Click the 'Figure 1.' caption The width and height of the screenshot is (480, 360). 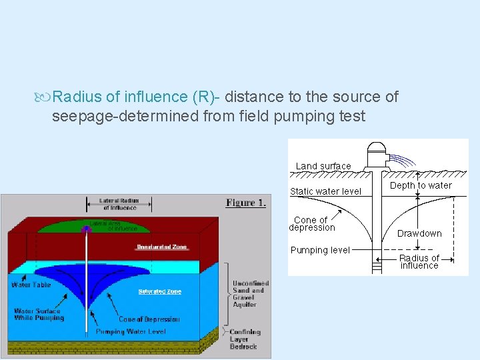(x=245, y=203)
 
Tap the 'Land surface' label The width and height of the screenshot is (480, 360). (x=323, y=166)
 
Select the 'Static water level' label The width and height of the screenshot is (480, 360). (x=325, y=191)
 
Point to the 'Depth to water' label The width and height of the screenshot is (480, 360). (x=421, y=185)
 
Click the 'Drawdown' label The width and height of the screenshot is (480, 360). (x=419, y=233)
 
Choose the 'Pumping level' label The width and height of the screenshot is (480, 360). (x=320, y=250)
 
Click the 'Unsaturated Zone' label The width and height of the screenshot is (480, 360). (x=162, y=247)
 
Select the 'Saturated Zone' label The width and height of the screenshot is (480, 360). (x=160, y=291)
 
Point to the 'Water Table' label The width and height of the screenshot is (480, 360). (x=31, y=285)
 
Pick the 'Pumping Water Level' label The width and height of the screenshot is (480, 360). (x=131, y=331)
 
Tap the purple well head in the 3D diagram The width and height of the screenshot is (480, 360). (x=86, y=229)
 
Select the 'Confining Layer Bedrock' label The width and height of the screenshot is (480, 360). (x=244, y=339)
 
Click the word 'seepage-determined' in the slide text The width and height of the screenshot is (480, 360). (x=108, y=117)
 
